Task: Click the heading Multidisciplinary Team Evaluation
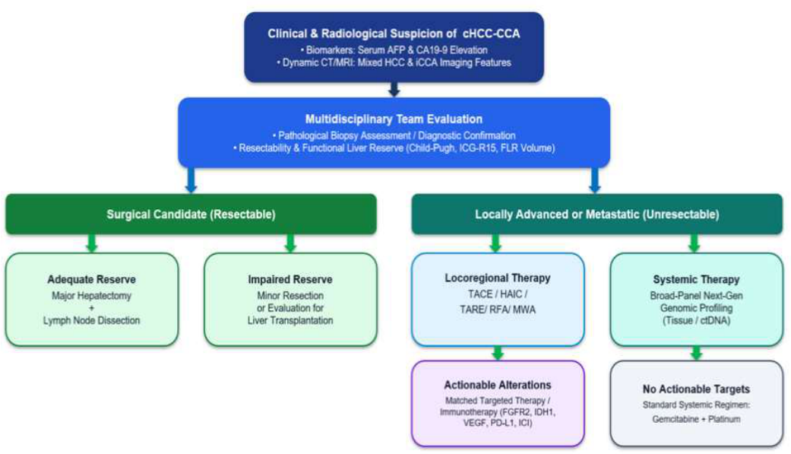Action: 394,119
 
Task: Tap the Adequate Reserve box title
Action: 91,279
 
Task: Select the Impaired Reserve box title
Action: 290,279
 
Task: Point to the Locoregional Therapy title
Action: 498,278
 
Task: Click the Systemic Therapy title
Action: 696,279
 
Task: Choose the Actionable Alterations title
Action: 498,385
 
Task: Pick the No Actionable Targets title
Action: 696,389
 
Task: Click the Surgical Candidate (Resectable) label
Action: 191,214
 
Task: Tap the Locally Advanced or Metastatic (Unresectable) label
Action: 596,214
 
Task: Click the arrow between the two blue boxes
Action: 394,90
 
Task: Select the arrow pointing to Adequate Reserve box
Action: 91,243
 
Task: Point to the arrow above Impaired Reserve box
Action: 290,243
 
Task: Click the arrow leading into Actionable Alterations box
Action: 498,353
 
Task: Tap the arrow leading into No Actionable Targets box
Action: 696,353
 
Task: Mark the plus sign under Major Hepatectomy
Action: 91,308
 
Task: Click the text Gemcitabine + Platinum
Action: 696,419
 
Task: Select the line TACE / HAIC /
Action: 498,294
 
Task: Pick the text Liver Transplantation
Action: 290,320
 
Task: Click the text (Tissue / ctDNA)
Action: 696,320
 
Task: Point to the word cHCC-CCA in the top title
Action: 491,33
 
